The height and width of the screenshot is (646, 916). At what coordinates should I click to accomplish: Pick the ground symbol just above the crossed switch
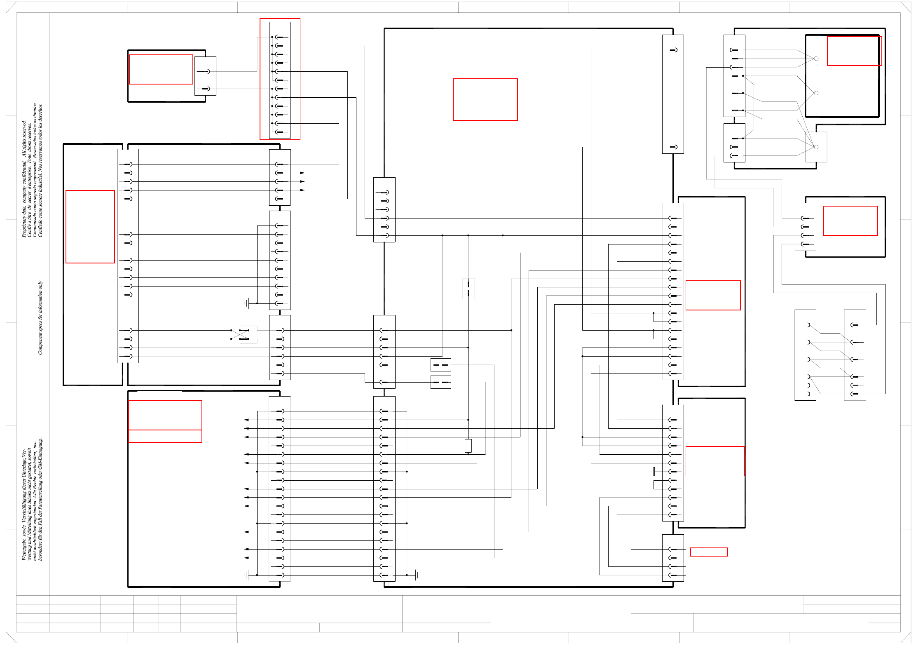tap(246, 304)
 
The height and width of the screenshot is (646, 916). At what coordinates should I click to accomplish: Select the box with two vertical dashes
tap(468, 289)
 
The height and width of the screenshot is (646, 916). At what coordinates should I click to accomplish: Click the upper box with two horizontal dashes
tap(440, 365)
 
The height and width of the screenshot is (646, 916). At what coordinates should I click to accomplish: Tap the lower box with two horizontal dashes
tap(440, 382)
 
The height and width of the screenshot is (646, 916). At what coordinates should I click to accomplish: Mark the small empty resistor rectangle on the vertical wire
tap(468, 445)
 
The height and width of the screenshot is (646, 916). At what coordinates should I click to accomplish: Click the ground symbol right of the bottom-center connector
tap(417, 575)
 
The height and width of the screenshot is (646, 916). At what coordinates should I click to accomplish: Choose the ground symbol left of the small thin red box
tap(629, 549)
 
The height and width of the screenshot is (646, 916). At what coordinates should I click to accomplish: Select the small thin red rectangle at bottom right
tap(709, 552)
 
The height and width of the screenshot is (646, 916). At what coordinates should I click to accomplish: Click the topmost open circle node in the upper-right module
tap(816, 59)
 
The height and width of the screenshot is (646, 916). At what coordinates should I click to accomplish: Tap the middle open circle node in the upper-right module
tap(816, 93)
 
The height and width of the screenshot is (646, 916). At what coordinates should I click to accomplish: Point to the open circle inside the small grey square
tap(816, 147)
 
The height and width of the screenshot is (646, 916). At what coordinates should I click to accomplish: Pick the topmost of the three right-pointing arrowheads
tap(302, 173)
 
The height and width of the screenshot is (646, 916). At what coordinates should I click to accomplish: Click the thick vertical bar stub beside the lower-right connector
tap(654, 472)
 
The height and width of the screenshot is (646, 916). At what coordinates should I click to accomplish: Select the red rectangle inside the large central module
tap(485, 99)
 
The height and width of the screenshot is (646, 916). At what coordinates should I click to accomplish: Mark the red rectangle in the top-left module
tap(161, 69)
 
